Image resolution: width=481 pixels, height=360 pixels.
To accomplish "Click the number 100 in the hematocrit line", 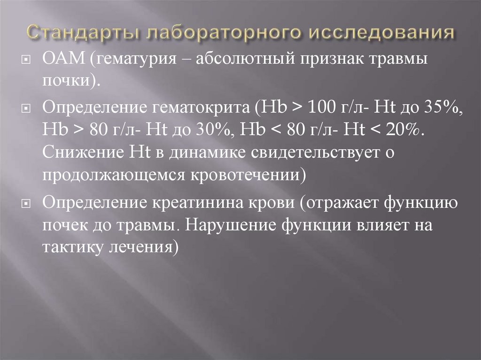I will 322,108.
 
